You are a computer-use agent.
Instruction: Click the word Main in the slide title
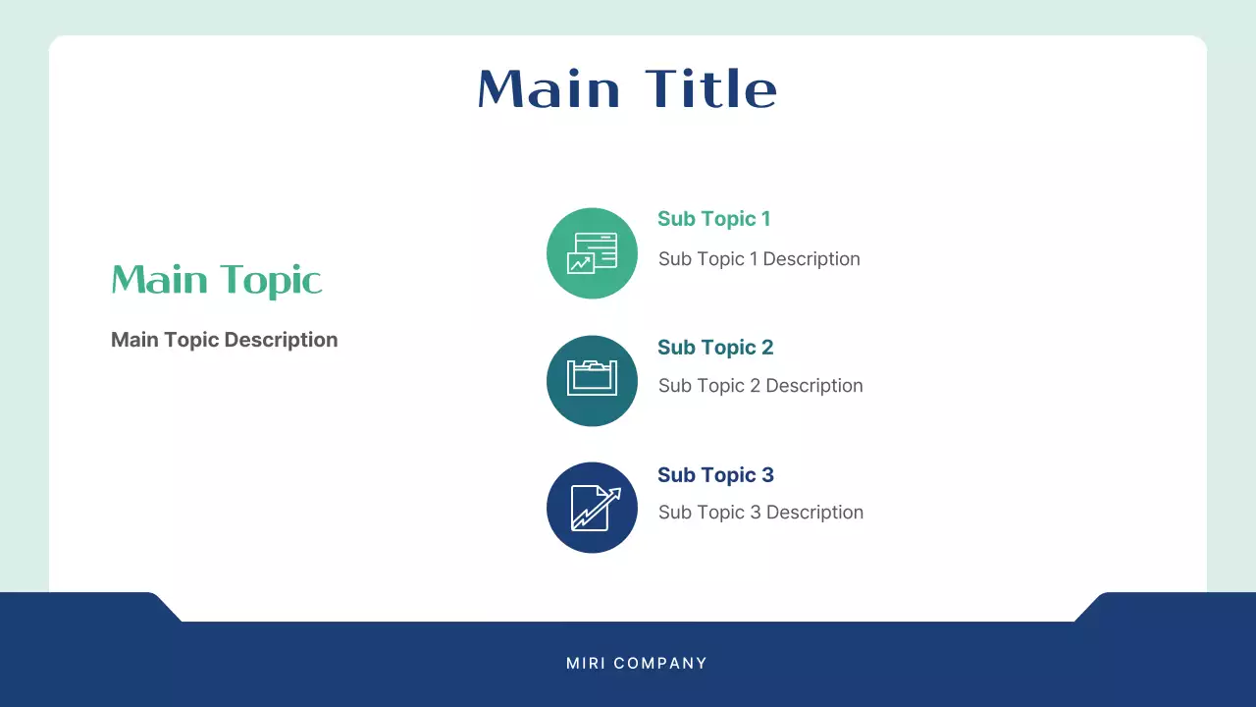[x=549, y=89]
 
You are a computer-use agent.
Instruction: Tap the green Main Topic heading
[x=217, y=281]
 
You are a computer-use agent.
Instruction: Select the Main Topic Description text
[x=224, y=340]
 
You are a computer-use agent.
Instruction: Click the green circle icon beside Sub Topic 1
[x=592, y=253]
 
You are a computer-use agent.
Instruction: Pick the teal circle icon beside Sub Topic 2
[x=592, y=381]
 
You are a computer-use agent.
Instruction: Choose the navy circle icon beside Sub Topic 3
[x=592, y=508]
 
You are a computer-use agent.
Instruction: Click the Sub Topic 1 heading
[x=713, y=219]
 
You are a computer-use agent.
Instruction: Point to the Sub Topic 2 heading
[x=715, y=348]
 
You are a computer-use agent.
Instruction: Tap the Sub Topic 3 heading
[x=715, y=475]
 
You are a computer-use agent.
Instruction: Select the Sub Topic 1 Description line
[x=759, y=259]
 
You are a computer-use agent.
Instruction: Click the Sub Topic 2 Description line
[x=760, y=386]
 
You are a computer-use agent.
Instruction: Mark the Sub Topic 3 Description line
[x=760, y=513]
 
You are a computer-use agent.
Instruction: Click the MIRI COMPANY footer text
[x=637, y=664]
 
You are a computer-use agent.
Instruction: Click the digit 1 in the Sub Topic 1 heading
[x=765, y=219]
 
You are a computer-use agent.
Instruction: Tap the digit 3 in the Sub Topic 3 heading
[x=767, y=475]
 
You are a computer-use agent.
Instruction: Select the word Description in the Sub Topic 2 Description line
[x=814, y=386]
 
